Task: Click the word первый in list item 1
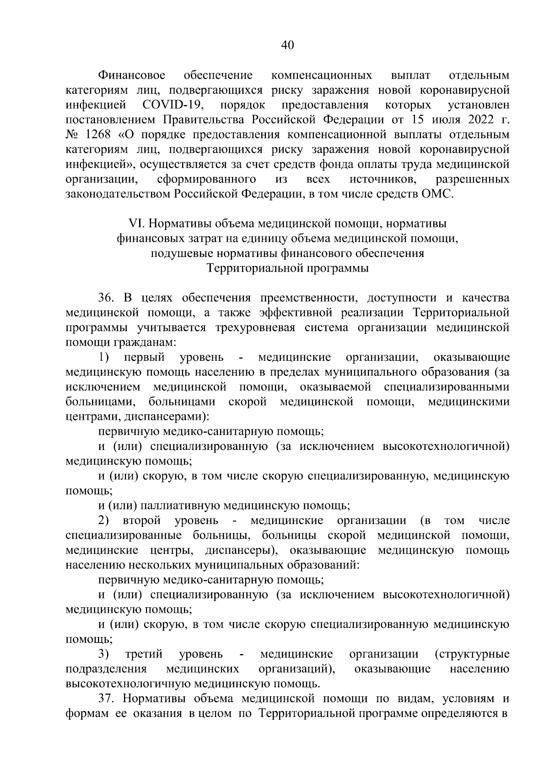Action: pos(147,357)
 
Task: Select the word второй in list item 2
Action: pos(142,520)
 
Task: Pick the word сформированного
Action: pos(206,179)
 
